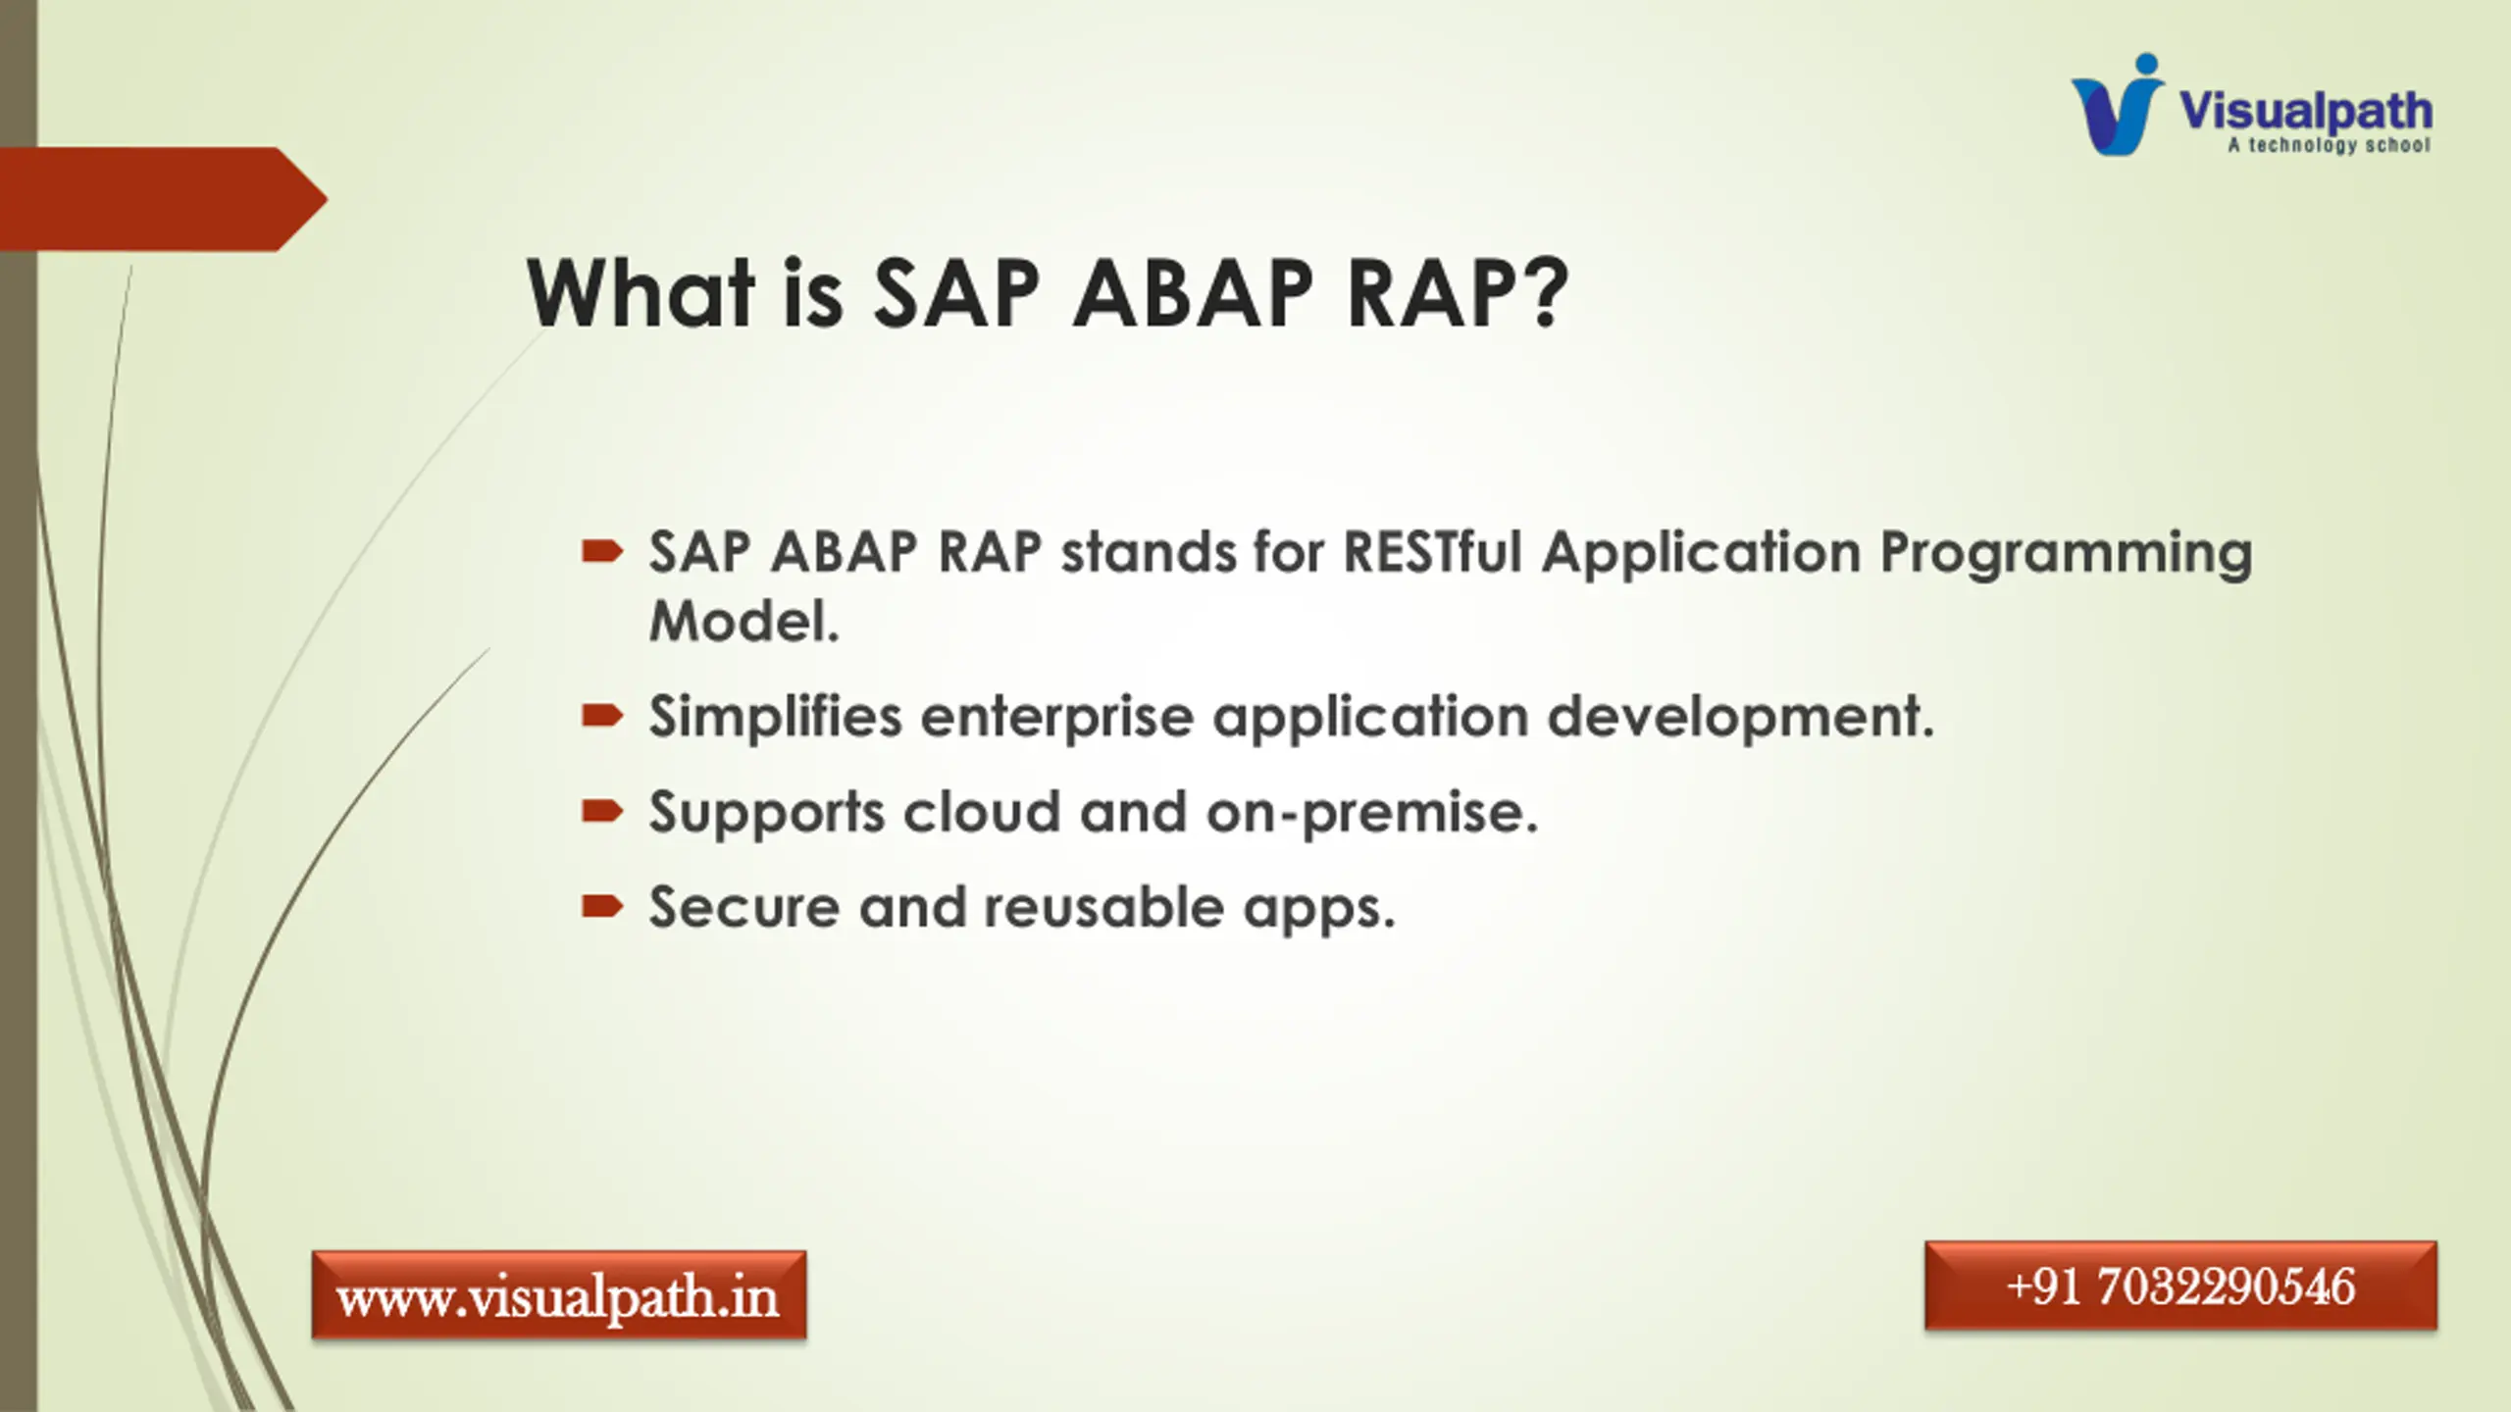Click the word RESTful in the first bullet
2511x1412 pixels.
click(1432, 551)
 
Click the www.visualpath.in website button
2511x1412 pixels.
click(559, 1295)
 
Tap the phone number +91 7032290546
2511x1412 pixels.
click(2180, 1286)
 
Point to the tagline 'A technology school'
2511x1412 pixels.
click(2329, 145)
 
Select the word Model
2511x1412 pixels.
click(744, 622)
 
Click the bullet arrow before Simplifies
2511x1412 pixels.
click(602, 716)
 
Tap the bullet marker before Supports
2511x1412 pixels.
click(602, 811)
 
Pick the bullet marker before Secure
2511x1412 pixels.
click(602, 906)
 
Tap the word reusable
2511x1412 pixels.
click(1103, 907)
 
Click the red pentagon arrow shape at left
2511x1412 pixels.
click(163, 199)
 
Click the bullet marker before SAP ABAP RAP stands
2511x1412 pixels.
click(602, 552)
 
